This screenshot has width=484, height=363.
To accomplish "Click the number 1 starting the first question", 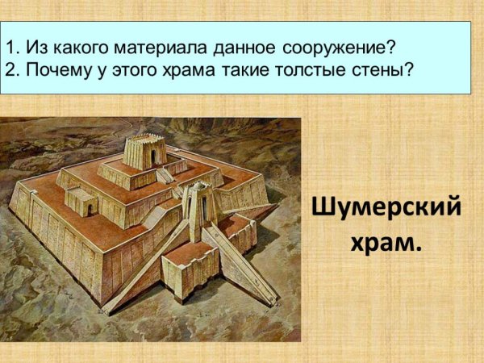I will coord(9,44).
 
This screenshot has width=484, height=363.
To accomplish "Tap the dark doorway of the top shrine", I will coord(153,156).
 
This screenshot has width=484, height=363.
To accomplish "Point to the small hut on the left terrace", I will coord(81,201).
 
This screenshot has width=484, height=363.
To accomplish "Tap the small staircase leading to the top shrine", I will coord(165,174).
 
